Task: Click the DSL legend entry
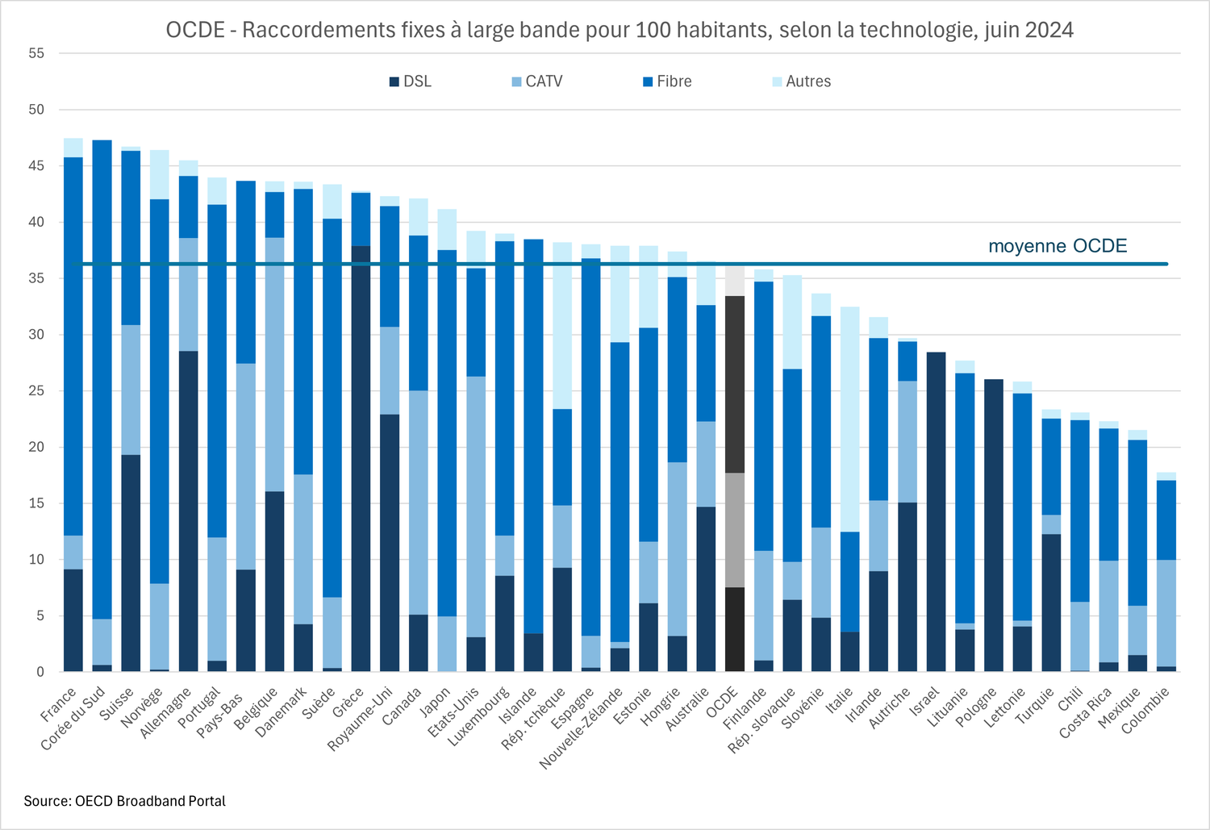(411, 81)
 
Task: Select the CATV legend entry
(537, 81)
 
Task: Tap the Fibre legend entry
(667, 81)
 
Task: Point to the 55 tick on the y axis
(36, 53)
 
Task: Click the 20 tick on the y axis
(36, 447)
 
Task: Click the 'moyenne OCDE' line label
(1057, 246)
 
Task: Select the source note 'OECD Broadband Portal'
(124, 801)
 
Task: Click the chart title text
(619, 30)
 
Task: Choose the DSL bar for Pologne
(993, 525)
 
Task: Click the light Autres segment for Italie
(849, 419)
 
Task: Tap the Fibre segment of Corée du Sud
(102, 379)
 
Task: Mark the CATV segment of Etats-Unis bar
(476, 507)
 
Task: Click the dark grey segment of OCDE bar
(735, 384)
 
